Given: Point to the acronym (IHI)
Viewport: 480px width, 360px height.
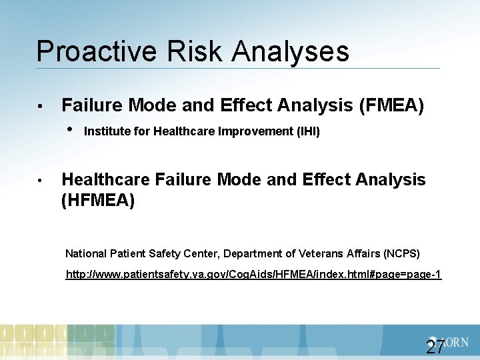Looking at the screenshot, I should coord(309,132).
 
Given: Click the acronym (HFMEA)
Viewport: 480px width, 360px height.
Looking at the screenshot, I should coord(98,200).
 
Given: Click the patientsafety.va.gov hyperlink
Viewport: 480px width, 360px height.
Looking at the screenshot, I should coord(253,275).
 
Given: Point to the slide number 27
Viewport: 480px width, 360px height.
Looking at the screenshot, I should coord(435,347).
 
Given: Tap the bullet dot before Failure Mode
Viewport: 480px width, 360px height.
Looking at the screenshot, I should coord(41,106).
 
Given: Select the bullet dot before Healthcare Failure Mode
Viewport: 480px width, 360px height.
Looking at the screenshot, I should coord(41,181).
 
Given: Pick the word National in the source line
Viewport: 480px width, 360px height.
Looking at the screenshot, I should coord(86,253).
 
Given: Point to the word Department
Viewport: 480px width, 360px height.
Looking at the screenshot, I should coord(252,253).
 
